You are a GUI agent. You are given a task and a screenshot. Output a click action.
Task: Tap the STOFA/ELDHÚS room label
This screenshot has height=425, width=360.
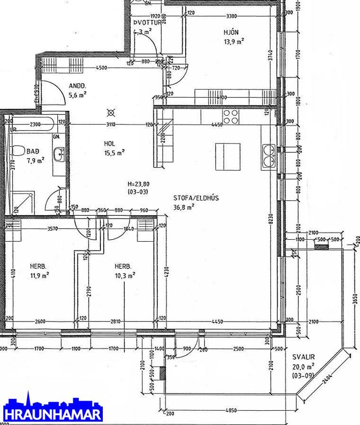tap(196, 198)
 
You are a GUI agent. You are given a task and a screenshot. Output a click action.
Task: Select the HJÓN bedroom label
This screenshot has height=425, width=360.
tap(231, 32)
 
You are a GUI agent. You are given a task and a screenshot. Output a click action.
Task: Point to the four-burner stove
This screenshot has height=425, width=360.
tap(231, 116)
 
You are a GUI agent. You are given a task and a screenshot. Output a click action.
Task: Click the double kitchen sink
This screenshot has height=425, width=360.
tap(268, 156)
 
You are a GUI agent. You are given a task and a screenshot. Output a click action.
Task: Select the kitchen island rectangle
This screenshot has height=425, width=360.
tap(228, 157)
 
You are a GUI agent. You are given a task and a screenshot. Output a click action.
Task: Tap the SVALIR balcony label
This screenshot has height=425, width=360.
tap(304, 357)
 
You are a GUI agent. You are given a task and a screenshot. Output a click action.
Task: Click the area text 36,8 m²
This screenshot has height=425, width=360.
tap(184, 207)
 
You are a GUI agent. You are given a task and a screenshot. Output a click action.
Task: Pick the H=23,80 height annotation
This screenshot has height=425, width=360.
tap(138, 184)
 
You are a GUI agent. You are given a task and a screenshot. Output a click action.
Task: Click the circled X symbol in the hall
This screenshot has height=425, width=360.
tap(111, 112)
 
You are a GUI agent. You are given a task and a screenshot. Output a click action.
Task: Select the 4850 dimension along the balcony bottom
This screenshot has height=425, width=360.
tap(232, 410)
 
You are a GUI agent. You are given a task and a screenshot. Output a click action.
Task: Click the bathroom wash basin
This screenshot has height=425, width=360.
tap(60, 154)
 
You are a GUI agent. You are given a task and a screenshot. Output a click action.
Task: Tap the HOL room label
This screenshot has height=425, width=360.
tap(109, 144)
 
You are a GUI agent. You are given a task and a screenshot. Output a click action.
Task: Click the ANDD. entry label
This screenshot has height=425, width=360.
tap(77, 85)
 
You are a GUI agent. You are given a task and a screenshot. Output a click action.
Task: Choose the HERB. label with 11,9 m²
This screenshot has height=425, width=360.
tap(38, 266)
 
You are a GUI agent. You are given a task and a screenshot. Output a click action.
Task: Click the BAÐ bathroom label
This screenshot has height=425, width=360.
tap(33, 151)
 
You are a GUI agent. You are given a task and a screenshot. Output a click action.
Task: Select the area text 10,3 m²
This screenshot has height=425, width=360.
tap(125, 275)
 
